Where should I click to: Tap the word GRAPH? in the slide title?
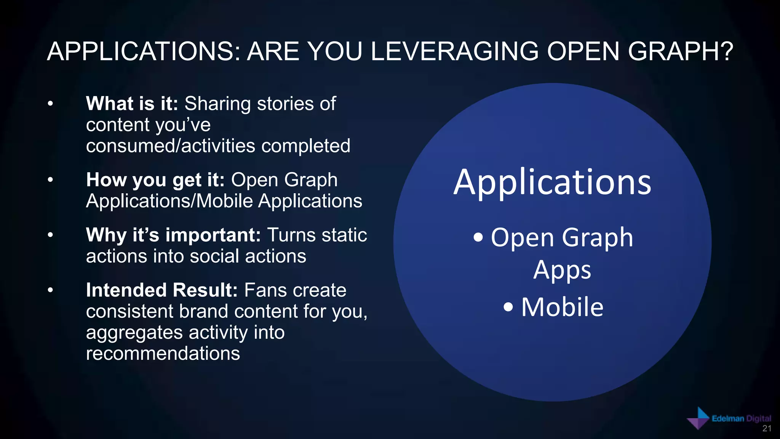[680, 51]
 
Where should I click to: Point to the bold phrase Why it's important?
[173, 235]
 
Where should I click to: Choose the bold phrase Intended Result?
[162, 290]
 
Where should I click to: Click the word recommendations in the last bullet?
[163, 354]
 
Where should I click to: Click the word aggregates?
[134, 333]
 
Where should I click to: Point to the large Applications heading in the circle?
[552, 183]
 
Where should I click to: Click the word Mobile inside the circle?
[562, 307]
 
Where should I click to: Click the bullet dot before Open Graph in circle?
[478, 238]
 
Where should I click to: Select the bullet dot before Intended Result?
[50, 290]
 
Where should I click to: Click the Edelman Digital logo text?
[741, 418]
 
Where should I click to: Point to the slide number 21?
[767, 429]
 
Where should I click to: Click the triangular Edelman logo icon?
[698, 418]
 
